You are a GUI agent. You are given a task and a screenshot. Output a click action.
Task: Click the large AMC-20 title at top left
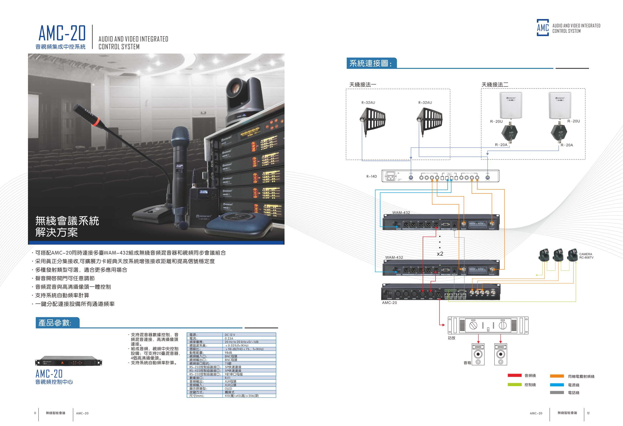62,33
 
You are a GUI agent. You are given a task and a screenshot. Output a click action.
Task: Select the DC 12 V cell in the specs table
230,335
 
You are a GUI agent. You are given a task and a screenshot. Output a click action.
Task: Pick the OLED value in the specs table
228,388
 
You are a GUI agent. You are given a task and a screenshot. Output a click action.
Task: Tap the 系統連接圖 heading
370,64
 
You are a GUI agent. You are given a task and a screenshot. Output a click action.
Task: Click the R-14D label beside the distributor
372,176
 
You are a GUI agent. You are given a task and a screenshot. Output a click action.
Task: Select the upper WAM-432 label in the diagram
401,212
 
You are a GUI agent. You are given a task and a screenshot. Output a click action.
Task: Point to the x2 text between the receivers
440,254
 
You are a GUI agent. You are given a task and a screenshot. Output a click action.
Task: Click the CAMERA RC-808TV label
586,256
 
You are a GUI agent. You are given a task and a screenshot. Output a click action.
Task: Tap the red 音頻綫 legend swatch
515,375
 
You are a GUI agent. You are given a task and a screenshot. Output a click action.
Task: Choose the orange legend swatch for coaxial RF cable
557,376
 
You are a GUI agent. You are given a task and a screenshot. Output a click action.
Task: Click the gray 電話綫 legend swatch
557,393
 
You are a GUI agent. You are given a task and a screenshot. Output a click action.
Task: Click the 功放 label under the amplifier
451,338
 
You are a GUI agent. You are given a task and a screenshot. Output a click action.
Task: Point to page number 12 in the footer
588,413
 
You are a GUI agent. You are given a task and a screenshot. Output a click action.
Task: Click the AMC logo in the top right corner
543,28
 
